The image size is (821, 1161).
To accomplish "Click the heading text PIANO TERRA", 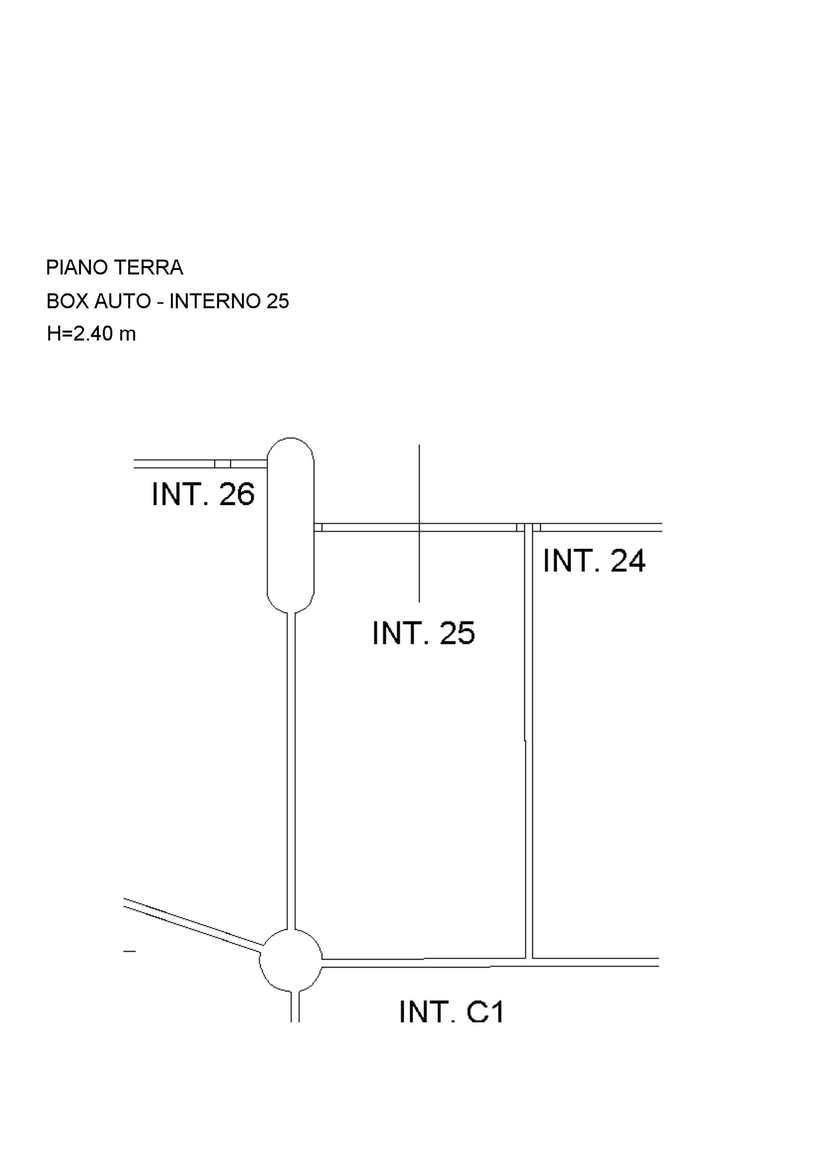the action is click(114, 267).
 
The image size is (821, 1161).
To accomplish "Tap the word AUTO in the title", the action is click(123, 302).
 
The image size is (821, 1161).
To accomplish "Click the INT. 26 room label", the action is click(203, 494).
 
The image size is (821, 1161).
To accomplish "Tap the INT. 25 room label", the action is click(423, 633).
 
